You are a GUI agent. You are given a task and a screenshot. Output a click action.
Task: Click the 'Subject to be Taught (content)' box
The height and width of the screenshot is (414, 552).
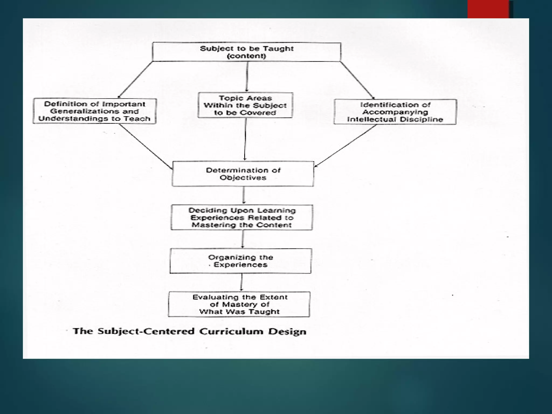247,52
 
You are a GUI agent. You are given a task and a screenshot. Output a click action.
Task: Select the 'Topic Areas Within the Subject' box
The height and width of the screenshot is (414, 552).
245,105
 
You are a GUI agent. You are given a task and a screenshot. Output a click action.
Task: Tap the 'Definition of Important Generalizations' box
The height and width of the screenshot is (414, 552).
95,111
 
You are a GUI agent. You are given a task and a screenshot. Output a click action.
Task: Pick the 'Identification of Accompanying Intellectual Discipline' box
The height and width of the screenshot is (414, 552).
395,112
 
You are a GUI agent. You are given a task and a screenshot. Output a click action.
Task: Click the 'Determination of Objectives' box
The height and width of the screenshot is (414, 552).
243,174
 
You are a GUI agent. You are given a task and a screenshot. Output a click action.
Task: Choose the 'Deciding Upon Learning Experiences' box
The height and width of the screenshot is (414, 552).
242,218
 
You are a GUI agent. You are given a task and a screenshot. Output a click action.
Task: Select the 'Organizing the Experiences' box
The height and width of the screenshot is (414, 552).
240,261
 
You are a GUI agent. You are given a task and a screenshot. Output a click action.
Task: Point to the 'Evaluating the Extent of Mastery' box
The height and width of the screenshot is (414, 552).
239,304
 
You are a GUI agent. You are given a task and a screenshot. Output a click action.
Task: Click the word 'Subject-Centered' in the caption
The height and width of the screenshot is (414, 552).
146,331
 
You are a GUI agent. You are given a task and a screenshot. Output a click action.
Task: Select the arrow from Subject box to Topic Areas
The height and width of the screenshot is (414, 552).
247,77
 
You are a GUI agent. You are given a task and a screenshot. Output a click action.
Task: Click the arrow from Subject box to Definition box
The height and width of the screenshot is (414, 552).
135,80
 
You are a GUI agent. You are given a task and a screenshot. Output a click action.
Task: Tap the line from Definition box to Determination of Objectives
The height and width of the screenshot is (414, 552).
146,146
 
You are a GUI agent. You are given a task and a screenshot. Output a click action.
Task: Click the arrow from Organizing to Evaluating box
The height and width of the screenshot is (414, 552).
241,282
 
